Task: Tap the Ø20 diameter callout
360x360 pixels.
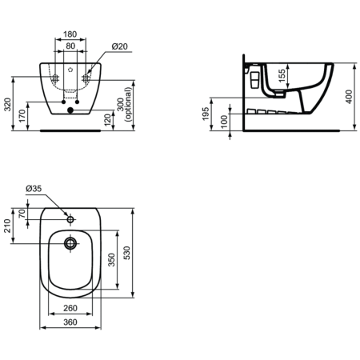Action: point(120,46)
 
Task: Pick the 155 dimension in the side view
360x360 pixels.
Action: point(281,76)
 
